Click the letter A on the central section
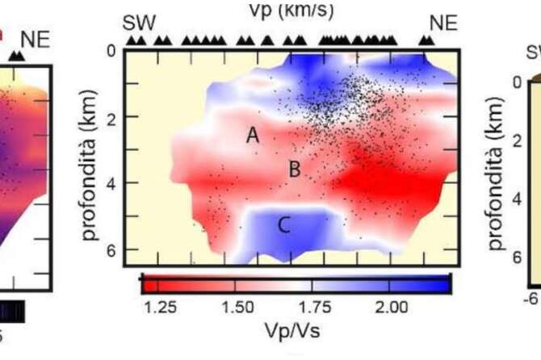[253, 136]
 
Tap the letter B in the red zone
[295, 170]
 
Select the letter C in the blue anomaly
[283, 226]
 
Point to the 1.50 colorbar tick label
[239, 307]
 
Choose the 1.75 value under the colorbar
[315, 307]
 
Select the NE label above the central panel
[442, 23]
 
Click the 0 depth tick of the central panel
[111, 51]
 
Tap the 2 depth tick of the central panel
[111, 118]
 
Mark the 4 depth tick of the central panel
[111, 184]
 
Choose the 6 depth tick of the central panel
[111, 250]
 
